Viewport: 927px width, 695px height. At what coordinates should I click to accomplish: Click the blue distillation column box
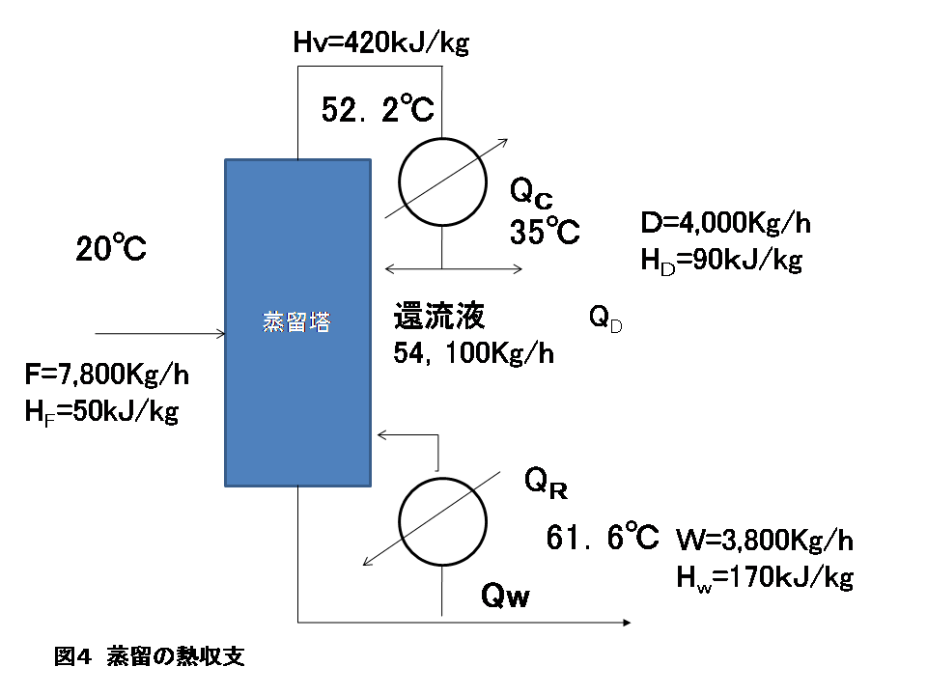[297, 322]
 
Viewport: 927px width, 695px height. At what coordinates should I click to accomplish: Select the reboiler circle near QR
[442, 518]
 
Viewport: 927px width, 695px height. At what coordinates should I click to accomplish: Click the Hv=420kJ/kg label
[380, 42]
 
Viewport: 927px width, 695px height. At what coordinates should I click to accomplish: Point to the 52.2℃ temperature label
[379, 112]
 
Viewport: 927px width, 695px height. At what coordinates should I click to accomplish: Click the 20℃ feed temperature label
[111, 250]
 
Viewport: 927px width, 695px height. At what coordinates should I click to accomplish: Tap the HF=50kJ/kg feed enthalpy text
[101, 411]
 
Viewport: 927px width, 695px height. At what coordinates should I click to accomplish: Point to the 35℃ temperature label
[545, 233]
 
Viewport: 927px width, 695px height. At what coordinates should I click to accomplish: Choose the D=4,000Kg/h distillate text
[725, 225]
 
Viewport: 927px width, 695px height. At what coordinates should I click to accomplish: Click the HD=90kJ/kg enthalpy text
[720, 261]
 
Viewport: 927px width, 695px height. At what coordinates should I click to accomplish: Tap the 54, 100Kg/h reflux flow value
[473, 353]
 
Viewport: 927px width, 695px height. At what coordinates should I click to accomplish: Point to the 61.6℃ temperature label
[603, 536]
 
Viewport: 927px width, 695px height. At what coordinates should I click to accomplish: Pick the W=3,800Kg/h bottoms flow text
[764, 540]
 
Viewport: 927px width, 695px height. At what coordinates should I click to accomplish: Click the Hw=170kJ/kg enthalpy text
[764, 577]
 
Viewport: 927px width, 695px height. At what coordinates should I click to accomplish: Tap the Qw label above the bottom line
[505, 598]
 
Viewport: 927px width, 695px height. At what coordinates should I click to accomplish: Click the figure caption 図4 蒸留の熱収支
[149, 657]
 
